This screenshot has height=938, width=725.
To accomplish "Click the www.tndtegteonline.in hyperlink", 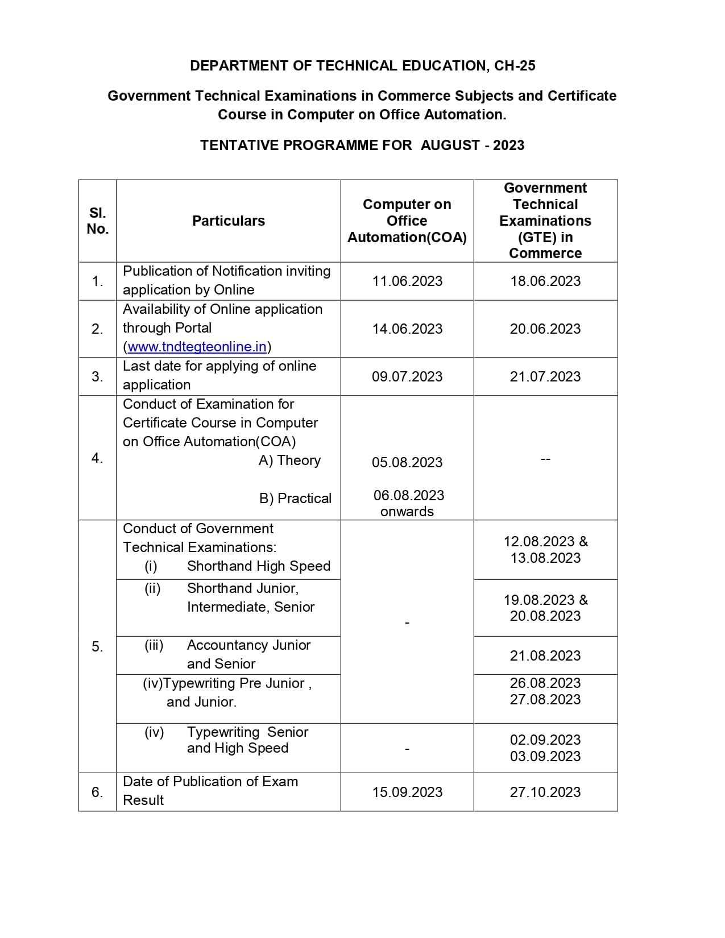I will (x=197, y=347).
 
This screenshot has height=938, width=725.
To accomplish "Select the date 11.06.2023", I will (x=407, y=281).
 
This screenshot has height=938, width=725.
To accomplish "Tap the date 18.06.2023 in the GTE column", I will (x=545, y=281).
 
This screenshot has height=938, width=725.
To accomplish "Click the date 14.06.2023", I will (x=407, y=329).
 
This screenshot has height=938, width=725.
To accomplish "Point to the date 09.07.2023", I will (x=407, y=377).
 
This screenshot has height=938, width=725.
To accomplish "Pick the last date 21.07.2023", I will (x=545, y=377).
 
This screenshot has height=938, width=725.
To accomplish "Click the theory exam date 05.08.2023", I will (x=407, y=463).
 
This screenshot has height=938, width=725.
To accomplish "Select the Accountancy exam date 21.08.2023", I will (x=545, y=656).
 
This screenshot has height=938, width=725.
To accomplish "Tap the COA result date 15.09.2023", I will (x=407, y=792).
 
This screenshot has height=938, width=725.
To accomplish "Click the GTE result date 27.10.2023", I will (x=545, y=792).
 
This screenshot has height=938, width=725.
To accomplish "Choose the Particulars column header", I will (x=229, y=221).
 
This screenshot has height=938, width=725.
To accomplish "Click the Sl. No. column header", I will (x=98, y=221).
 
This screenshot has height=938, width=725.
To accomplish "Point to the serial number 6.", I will (x=97, y=792).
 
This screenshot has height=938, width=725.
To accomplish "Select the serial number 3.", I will (x=97, y=377).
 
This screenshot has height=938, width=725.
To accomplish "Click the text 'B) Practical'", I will (x=295, y=499).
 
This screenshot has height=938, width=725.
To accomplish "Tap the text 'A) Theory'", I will (x=289, y=460).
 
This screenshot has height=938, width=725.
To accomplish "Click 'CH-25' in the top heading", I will (x=515, y=66).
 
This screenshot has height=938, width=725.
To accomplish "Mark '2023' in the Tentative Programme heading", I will (x=508, y=146).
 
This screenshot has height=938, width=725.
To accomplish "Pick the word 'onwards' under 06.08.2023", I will (x=407, y=512).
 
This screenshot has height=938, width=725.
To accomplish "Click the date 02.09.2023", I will (x=545, y=740).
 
